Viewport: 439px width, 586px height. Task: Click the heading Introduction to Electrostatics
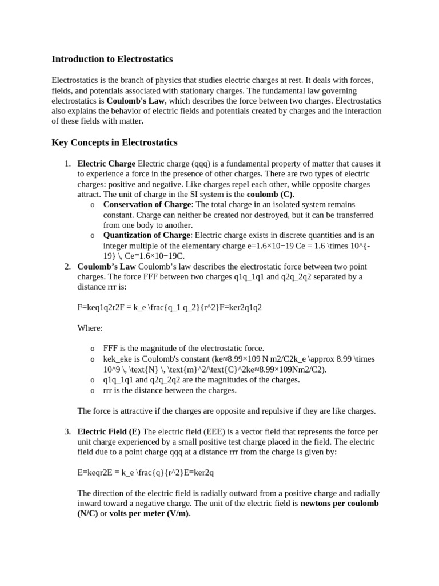tap(112, 59)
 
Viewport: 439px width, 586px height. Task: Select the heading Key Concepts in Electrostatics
tap(114, 142)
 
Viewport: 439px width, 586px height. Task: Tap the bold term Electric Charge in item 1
tap(106, 164)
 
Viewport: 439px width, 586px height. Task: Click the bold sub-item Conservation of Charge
tap(147, 205)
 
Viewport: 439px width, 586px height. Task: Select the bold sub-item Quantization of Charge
tap(146, 236)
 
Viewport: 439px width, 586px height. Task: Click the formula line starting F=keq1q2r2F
tap(169, 307)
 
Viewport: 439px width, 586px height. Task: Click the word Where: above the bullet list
tap(90, 328)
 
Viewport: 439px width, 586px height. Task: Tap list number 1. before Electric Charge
tap(67, 164)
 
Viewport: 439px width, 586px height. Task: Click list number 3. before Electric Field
tap(67, 431)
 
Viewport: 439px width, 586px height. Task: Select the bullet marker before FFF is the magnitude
tap(93, 349)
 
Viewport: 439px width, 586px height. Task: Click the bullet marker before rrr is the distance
tap(93, 391)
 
